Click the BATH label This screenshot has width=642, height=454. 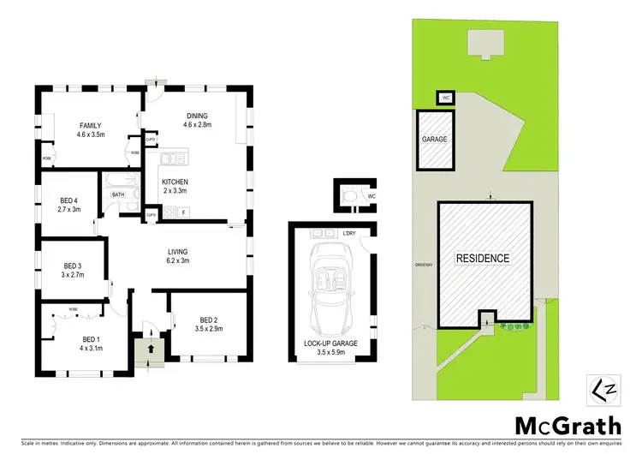point(118,195)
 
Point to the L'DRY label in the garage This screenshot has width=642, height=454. point(349,234)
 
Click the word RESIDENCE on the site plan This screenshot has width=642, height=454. point(482,258)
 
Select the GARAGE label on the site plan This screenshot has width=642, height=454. point(434,139)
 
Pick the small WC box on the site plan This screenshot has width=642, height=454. point(446,98)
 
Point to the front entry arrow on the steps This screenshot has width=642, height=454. point(151,349)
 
